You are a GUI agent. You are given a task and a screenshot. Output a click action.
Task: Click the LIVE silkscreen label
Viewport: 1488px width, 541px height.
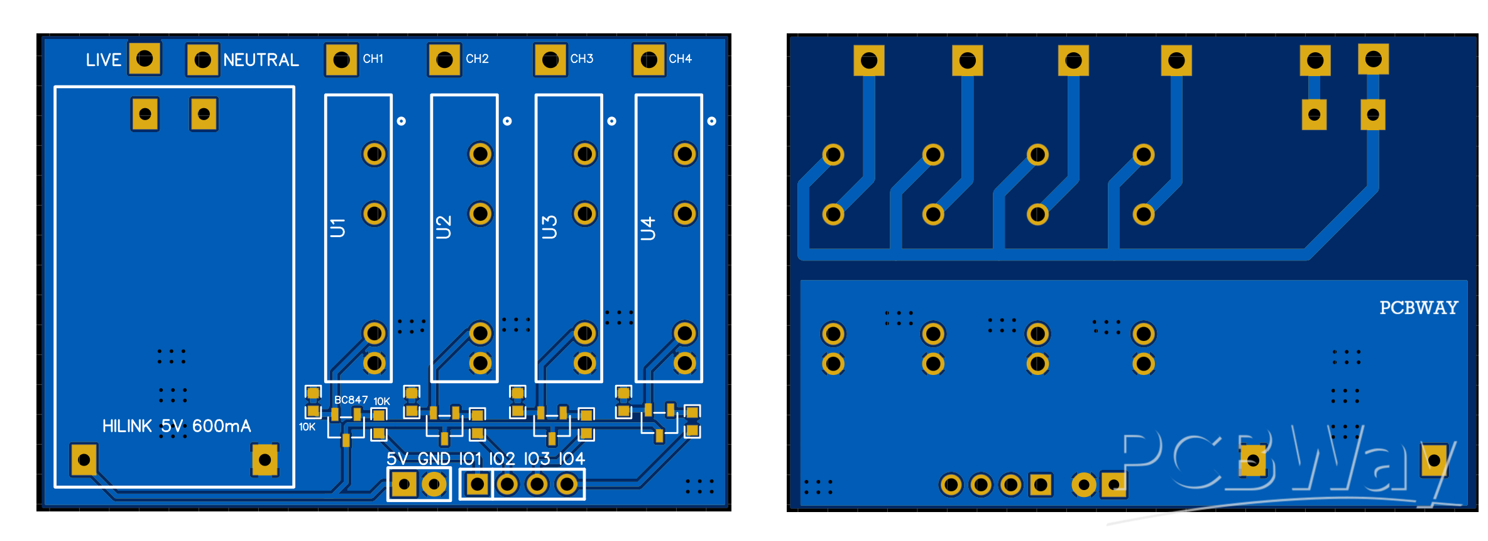(x=104, y=60)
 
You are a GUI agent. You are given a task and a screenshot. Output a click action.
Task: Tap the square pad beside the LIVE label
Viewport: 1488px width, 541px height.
(x=145, y=59)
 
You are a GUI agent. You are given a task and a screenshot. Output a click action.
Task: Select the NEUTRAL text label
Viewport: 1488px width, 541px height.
(x=261, y=60)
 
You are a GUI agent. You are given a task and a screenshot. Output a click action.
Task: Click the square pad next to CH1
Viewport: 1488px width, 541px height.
(x=341, y=60)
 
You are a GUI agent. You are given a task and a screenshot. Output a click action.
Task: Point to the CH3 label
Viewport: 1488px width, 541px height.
(x=582, y=59)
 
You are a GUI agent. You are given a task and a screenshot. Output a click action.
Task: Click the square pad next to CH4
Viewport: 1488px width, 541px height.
(x=649, y=60)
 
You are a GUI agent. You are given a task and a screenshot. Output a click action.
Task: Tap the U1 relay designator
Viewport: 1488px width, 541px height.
(x=338, y=228)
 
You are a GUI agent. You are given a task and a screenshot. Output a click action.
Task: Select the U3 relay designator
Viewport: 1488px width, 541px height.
(x=549, y=227)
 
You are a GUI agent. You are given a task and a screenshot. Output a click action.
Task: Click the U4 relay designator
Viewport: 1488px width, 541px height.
(x=648, y=228)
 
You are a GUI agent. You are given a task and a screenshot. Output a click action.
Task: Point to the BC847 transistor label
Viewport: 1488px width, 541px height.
(x=351, y=399)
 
